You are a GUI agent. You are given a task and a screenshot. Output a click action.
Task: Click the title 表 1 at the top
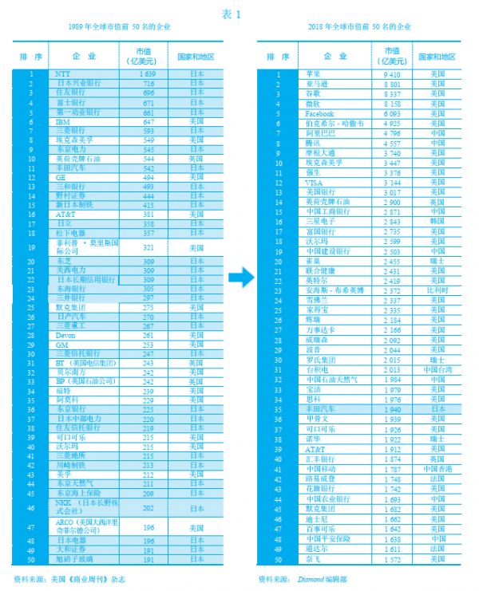[239, 12]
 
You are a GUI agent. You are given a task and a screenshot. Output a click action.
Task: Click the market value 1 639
[148, 73]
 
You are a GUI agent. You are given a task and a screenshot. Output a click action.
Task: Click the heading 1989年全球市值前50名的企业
[119, 27]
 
